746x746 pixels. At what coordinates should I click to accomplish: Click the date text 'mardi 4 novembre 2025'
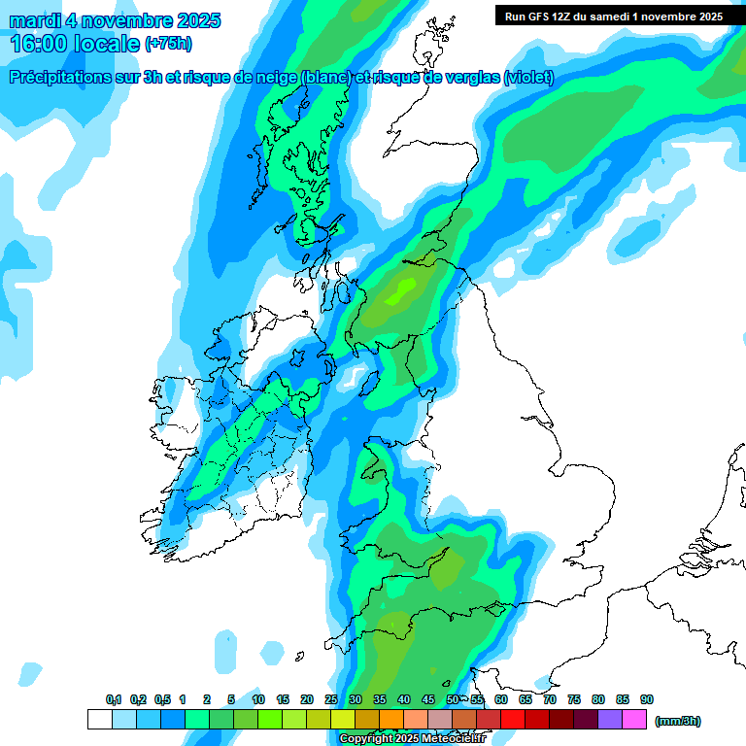115,20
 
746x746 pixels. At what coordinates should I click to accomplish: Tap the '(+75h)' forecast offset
168,45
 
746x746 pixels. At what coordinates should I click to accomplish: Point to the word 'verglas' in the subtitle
472,78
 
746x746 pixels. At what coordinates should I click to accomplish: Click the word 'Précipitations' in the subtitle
66,78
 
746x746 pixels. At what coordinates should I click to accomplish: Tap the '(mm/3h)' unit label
678,721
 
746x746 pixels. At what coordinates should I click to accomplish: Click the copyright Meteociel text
412,739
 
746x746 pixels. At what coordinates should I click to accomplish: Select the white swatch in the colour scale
99,720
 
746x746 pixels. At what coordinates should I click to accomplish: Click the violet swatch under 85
610,720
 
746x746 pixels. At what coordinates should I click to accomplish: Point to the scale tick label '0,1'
114,700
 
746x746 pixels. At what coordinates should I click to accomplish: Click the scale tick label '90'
647,700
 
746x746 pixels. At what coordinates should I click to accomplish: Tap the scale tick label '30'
356,700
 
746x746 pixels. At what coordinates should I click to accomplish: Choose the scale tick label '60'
501,700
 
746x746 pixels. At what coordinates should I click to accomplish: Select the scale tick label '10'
258,700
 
